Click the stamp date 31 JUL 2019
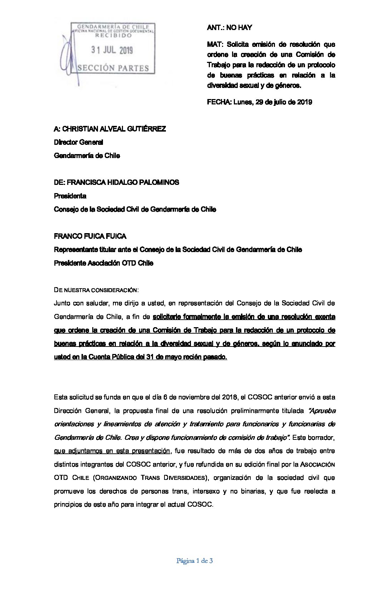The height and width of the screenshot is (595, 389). coord(112,50)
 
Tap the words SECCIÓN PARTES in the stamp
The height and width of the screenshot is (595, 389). coord(113,68)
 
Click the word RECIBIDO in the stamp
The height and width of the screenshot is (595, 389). coord(113,36)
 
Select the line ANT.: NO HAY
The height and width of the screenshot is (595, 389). coord(230,28)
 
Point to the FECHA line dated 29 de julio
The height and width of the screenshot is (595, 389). coord(260,102)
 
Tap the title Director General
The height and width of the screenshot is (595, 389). coord(78,142)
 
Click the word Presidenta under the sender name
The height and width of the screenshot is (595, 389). coord(70,196)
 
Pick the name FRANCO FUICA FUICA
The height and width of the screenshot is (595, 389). coord(90,236)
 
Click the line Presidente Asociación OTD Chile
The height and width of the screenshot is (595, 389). coord(104,263)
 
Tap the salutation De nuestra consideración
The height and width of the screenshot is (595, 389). coord(96,290)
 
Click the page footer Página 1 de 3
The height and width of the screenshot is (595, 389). coord(194,561)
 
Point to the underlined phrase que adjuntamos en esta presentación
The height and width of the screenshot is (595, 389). coord(112,451)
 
